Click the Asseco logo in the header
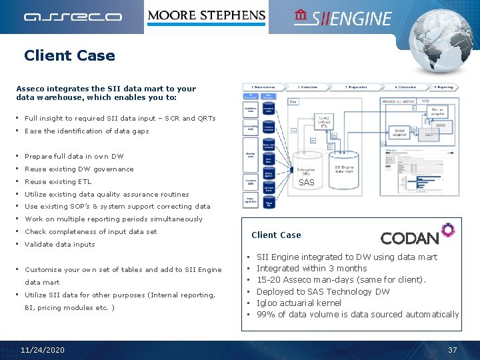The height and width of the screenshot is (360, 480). click(73, 17)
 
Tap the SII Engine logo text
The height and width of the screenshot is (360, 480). click(343, 18)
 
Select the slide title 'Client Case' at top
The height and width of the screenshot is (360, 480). click(69, 56)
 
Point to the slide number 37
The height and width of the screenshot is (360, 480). click(453, 350)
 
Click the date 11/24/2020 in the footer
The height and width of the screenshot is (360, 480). click(43, 350)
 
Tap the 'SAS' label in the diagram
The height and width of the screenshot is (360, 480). click(306, 182)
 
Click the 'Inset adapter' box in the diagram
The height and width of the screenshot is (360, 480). click(399, 132)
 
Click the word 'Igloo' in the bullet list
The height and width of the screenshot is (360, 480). click(268, 303)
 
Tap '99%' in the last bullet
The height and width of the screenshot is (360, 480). click(266, 314)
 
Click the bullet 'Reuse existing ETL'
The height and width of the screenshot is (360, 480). click(58, 181)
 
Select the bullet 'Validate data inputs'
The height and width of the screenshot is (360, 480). click(60, 244)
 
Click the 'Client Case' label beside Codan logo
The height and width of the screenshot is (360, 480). click(276, 235)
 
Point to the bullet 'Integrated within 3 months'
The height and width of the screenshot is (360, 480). click(312, 268)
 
